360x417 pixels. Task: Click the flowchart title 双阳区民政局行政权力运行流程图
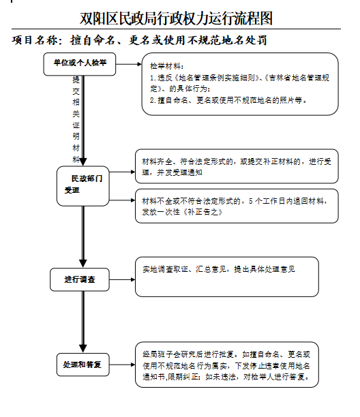[x=177, y=18]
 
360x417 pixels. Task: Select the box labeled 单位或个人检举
[x=80, y=64]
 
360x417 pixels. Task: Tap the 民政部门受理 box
[x=83, y=186]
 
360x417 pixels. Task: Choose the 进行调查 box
[x=80, y=279]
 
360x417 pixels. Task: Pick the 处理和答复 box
[x=82, y=365]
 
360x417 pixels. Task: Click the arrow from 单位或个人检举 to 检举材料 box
[x=129, y=64]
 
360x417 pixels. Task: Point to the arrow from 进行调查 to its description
[x=123, y=279]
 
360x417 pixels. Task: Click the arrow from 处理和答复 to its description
[x=123, y=365]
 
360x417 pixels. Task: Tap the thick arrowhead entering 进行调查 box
[x=83, y=263]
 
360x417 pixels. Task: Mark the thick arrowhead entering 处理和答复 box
[x=83, y=348]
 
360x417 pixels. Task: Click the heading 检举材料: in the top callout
[x=167, y=66]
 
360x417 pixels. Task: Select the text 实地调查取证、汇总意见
[x=184, y=269]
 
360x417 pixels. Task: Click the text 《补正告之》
[x=202, y=212]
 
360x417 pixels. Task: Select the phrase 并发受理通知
[x=179, y=172]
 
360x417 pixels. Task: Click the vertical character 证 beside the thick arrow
[x=76, y=125]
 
